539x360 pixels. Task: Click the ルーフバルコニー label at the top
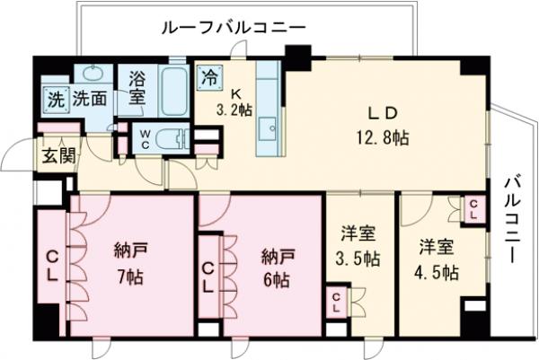point(234,28)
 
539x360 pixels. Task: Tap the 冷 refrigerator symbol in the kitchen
point(209,78)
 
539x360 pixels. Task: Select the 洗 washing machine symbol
point(56,100)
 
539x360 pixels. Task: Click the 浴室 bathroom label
point(137,88)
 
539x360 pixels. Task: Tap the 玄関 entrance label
point(58,156)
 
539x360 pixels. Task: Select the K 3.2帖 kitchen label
point(234,102)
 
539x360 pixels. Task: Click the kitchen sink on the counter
point(268,128)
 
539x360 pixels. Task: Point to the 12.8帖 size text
point(383,138)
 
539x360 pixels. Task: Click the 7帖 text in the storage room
point(130,277)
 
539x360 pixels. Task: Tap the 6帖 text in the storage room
point(277,281)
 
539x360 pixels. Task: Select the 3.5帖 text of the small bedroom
point(358,259)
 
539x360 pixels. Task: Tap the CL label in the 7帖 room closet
point(51,266)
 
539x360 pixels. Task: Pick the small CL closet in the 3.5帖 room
point(336,302)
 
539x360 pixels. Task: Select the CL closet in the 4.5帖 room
point(473,209)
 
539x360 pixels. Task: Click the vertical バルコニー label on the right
point(512,220)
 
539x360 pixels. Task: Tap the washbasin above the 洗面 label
point(93,74)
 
